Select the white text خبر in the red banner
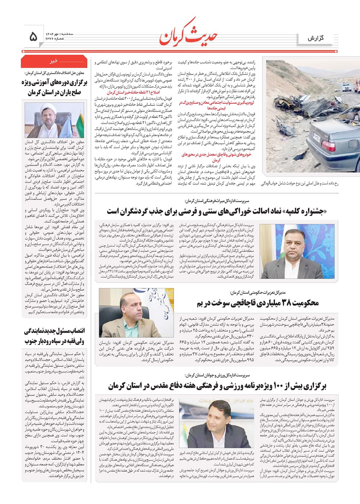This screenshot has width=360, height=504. [x=54, y=62]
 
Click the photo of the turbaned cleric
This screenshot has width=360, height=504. [x=54, y=120]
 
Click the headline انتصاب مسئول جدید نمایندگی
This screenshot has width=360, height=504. [x=54, y=331]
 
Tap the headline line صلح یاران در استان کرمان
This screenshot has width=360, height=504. [x=54, y=93]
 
